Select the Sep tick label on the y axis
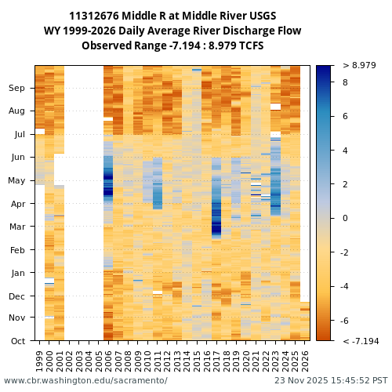coord(17,89)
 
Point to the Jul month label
coord(20,135)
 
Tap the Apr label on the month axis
coord(18,204)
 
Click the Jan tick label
coord(18,273)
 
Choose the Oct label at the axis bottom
coord(18,341)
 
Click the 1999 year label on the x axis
coord(40,360)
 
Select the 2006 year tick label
coord(108,360)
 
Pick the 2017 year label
coord(216,360)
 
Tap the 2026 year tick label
coord(305,360)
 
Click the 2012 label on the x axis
coord(167,360)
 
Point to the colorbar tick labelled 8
coord(345,82)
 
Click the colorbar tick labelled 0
coord(345,219)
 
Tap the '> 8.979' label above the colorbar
coord(359,66)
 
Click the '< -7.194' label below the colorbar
coord(361,342)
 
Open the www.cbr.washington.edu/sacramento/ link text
coord(85,381)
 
